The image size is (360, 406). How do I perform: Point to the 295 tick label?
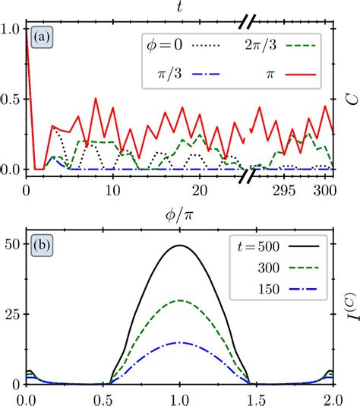[x=286, y=189]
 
